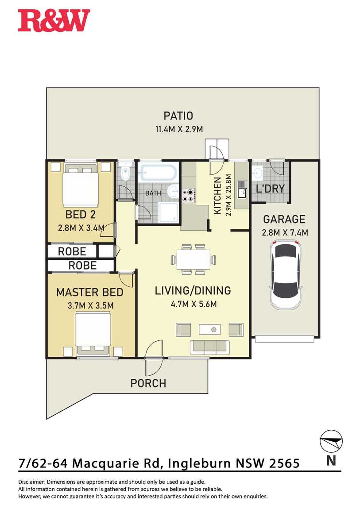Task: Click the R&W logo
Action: (54, 20)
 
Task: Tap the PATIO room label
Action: (178, 116)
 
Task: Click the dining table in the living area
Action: (194, 259)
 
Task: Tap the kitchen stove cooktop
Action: (188, 196)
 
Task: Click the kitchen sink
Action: (242, 189)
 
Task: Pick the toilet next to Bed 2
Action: (125, 172)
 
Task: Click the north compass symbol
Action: (331, 441)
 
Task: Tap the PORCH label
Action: (148, 383)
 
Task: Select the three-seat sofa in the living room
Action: (210, 347)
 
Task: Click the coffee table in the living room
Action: (209, 329)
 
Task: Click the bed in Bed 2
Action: (81, 185)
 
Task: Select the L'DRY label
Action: (270, 189)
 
